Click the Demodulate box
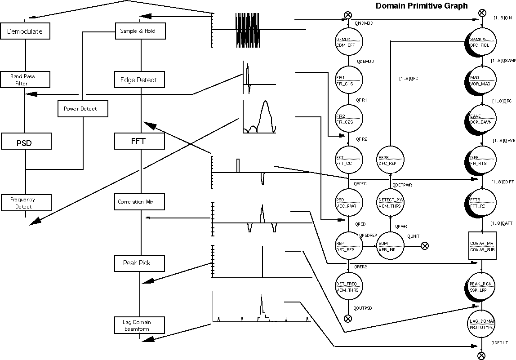25,31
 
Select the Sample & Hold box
141,31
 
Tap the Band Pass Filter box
25,80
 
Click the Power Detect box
83,109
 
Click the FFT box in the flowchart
138,141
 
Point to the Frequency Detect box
25,203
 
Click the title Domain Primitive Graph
422,6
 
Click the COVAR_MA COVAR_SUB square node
482,246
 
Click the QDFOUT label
500,343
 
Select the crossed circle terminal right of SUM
425,245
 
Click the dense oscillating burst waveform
248,30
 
